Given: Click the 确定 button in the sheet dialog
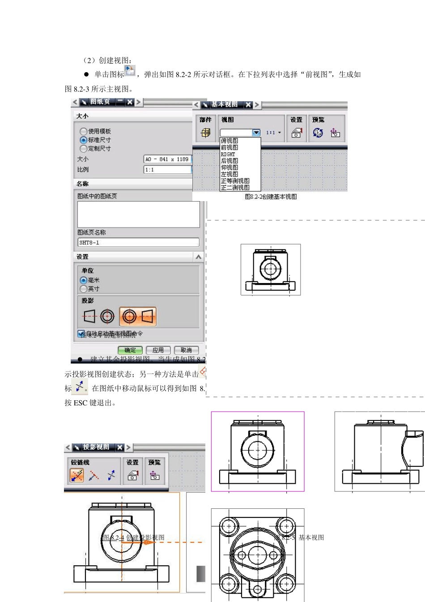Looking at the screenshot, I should click(130, 350).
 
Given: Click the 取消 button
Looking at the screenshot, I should click(186, 350).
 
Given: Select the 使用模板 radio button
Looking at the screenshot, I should click(84, 131).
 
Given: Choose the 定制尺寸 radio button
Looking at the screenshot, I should click(84, 148).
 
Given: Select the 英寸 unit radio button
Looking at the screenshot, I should click(84, 288).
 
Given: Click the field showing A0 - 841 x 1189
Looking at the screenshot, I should click(167, 159).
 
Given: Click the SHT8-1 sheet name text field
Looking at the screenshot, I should click(138, 242).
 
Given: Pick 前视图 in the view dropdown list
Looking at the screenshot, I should click(229, 147).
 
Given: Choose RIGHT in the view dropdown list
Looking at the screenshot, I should click(228, 154).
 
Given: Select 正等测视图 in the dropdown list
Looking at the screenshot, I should click(235, 181).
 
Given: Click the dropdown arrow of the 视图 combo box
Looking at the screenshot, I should click(256, 133).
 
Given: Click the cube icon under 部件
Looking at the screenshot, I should click(206, 133).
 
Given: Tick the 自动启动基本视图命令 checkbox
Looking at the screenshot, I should click(81, 333).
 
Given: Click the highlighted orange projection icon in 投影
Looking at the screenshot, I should click(138, 317).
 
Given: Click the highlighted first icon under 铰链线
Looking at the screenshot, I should click(77, 475).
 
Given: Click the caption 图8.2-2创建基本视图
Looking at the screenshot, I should click(271, 197).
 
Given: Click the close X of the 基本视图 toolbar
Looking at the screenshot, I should click(248, 104).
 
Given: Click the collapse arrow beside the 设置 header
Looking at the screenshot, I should click(198, 257).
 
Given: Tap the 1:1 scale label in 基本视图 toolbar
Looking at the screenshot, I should click(271, 133).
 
